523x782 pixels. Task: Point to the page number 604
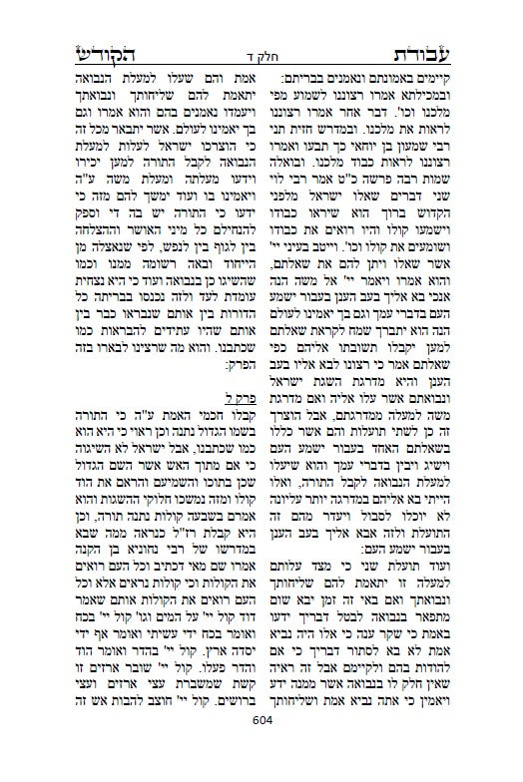262,748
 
